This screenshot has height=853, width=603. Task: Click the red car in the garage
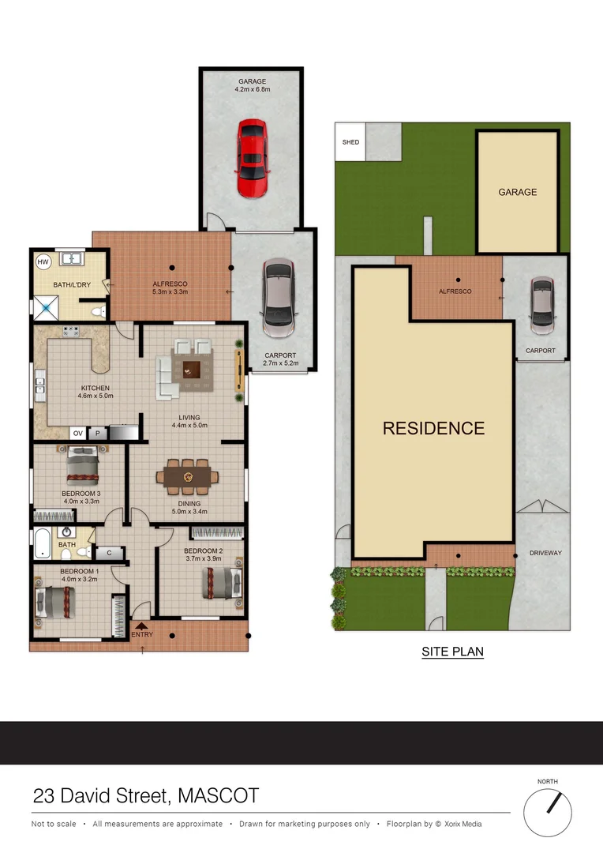point(253,158)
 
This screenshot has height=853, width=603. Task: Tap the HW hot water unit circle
point(43,261)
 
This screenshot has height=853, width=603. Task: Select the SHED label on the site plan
point(350,142)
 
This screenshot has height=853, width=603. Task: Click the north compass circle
point(548,813)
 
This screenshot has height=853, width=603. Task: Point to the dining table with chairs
point(188,477)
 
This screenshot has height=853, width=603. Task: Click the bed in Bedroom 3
point(83,466)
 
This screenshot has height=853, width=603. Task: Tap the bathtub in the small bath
point(43,543)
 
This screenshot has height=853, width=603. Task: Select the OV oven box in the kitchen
point(78,433)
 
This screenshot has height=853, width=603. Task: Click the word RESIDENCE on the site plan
point(433,428)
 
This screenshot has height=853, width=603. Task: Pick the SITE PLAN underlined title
point(452,652)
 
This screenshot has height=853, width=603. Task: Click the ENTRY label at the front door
point(142,634)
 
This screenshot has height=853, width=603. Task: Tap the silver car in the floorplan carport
point(278,298)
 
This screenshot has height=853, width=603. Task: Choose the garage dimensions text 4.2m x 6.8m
point(253,89)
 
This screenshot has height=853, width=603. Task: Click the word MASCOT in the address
point(218,796)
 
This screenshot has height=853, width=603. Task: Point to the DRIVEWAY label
point(545,553)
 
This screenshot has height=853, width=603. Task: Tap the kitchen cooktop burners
point(71,331)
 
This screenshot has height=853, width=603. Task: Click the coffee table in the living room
point(191,370)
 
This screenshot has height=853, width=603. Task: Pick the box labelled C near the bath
point(109,553)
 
